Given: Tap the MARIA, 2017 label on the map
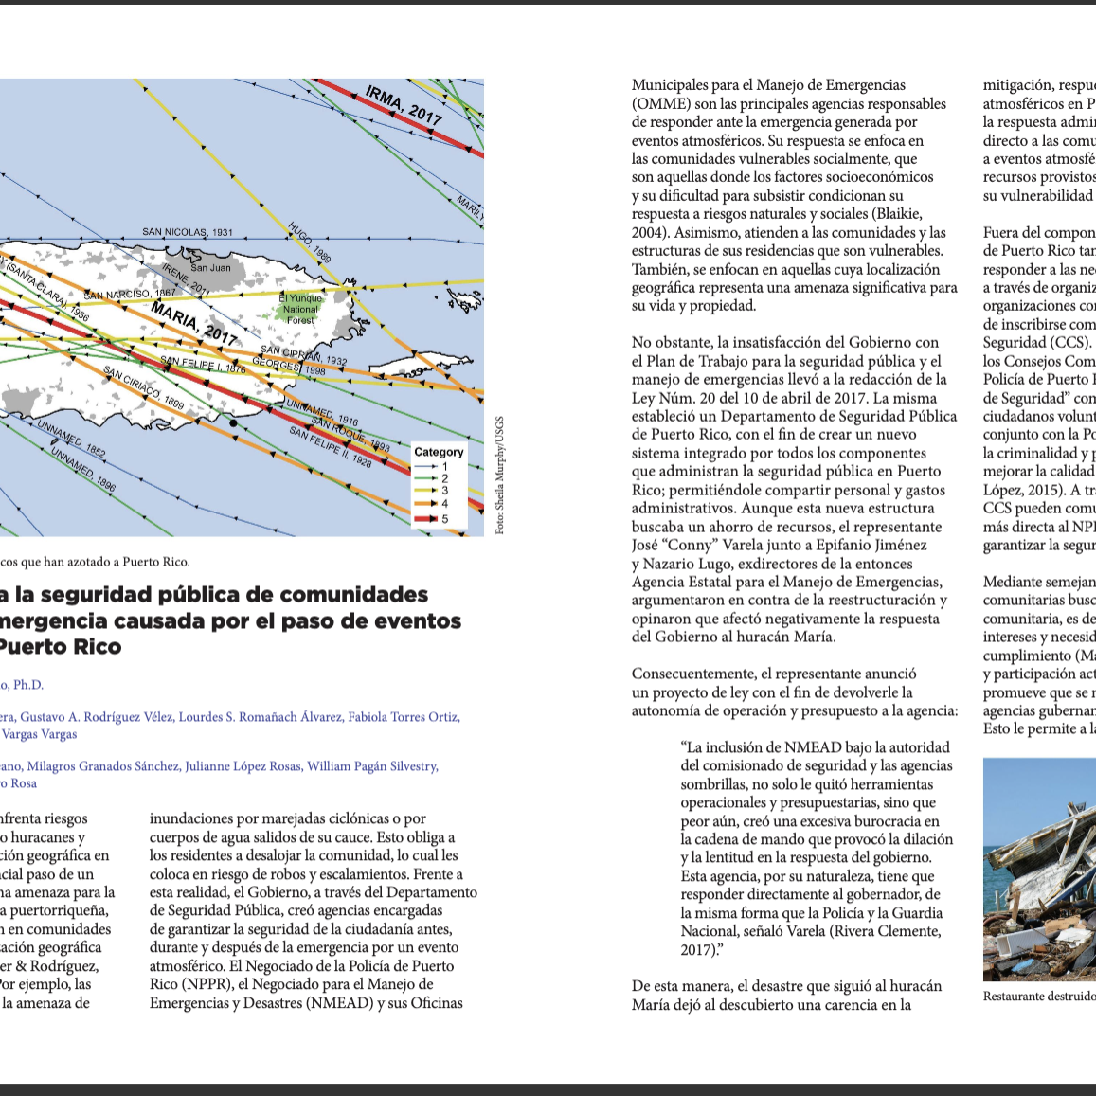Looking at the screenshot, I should point(193,324).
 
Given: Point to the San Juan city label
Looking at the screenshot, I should point(210,268).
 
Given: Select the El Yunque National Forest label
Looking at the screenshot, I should point(300,309).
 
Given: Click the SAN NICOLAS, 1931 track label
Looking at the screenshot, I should point(188,232).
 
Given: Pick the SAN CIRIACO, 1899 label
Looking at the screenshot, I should point(144,387).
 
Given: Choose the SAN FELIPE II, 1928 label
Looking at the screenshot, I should point(330,447).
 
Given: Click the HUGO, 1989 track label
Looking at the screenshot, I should point(310,243).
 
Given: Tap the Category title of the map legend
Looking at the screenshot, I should point(439,452).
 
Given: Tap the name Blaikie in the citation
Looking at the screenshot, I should point(899,214).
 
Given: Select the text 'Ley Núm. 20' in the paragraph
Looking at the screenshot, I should point(670,398).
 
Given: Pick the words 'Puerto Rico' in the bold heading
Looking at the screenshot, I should point(60,647).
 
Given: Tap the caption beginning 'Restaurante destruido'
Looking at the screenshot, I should point(1039,997).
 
